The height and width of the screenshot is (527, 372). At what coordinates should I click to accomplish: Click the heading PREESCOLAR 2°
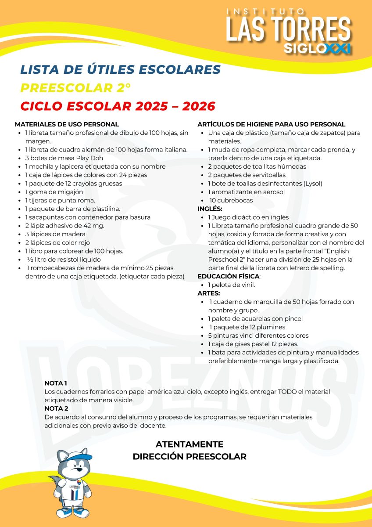[75, 88]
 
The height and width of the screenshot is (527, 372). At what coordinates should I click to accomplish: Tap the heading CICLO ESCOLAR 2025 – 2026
[118, 106]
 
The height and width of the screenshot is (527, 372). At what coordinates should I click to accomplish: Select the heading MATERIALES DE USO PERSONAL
[67, 124]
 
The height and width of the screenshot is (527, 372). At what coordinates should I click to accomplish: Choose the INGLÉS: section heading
[210, 209]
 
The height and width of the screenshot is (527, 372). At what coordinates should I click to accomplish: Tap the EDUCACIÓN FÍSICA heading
[228, 276]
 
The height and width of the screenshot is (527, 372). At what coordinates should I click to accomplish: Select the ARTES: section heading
[209, 293]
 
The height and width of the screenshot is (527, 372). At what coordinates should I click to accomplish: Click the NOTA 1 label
[56, 383]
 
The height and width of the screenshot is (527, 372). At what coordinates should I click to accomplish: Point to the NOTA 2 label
[56, 408]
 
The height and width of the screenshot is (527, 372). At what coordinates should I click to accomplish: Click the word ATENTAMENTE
[190, 444]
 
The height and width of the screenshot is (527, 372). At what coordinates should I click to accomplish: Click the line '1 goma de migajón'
[54, 192]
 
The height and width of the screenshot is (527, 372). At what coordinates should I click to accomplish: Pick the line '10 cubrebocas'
[237, 200]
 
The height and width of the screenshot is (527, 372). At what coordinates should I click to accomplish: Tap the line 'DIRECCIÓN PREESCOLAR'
[190, 457]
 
